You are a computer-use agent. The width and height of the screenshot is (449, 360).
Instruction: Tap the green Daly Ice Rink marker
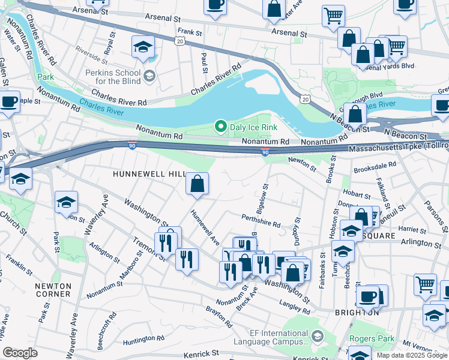coord(220,127)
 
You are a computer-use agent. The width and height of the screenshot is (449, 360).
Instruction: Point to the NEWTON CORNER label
coord(53,290)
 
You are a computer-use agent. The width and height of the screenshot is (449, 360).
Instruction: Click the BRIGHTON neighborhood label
coord(357,313)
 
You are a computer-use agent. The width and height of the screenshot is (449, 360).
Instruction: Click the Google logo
coord(20,353)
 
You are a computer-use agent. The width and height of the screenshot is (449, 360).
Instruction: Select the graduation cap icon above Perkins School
coord(143,47)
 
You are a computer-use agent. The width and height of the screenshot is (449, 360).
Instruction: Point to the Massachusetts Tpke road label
coord(396,147)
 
